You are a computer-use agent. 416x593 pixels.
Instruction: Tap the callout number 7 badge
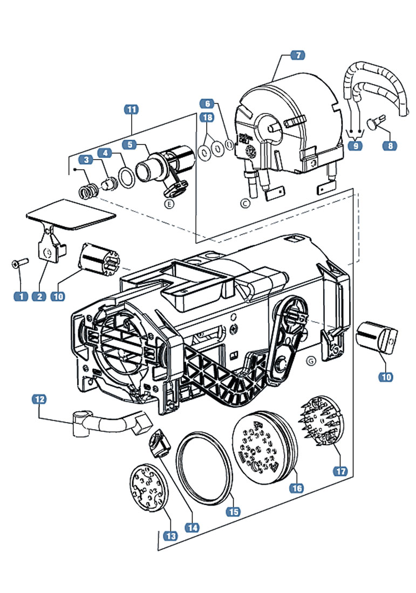pyautogui.click(x=297, y=55)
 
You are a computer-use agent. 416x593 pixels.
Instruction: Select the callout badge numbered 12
pyautogui.click(x=39, y=399)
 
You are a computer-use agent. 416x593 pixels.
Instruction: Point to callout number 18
pyautogui.click(x=207, y=117)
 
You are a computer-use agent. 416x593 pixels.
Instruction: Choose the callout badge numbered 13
pyautogui.click(x=171, y=536)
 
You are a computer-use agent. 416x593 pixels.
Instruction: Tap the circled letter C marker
pyautogui.click(x=245, y=204)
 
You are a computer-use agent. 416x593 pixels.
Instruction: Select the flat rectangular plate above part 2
pyautogui.click(x=70, y=215)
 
